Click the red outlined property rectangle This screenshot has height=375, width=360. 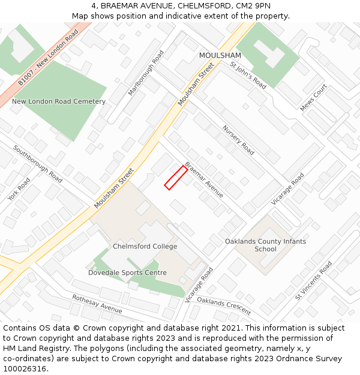(175, 178)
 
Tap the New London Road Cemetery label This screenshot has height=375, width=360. (59, 101)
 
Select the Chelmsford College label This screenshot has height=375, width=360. (145, 247)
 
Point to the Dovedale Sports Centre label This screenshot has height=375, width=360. (127, 273)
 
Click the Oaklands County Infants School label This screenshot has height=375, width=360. (265, 245)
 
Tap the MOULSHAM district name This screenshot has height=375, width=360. (220, 55)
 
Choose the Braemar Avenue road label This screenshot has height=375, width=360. (204, 180)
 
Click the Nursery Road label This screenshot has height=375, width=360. (238, 140)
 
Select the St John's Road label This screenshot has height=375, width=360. (248, 75)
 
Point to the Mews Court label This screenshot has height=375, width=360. (314, 98)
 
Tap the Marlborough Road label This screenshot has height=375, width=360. (146, 73)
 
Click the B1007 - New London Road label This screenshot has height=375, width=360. (48, 57)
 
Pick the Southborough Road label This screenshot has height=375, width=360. (38, 164)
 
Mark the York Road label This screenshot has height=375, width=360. (19, 189)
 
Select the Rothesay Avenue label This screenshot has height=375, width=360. (97, 304)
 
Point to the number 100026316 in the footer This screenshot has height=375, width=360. (26, 368)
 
